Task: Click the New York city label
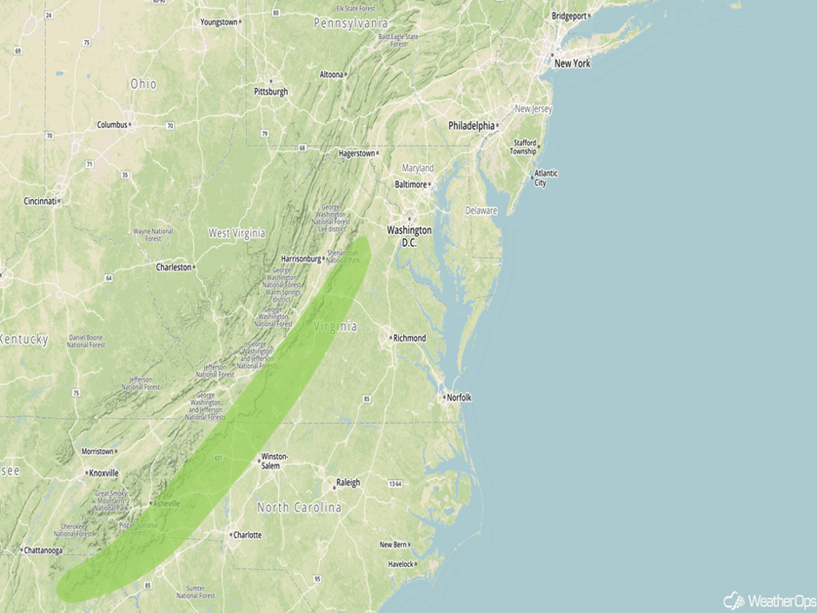[572, 63]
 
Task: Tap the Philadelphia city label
[471, 126]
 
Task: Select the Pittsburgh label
[270, 91]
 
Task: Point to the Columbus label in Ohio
[112, 124]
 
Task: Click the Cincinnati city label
[40, 201]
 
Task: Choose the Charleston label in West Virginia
[173, 267]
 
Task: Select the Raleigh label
[347, 483]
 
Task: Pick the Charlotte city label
[247, 535]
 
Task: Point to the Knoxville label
[103, 473]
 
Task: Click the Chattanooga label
[43, 550]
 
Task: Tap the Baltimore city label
[411, 184]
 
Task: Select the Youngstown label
[219, 22]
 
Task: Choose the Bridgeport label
[569, 16]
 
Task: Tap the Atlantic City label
[547, 178]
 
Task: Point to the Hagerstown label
[356, 154]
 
